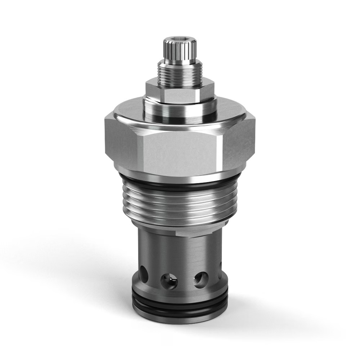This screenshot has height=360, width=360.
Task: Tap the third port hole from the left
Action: (x=200, y=279)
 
